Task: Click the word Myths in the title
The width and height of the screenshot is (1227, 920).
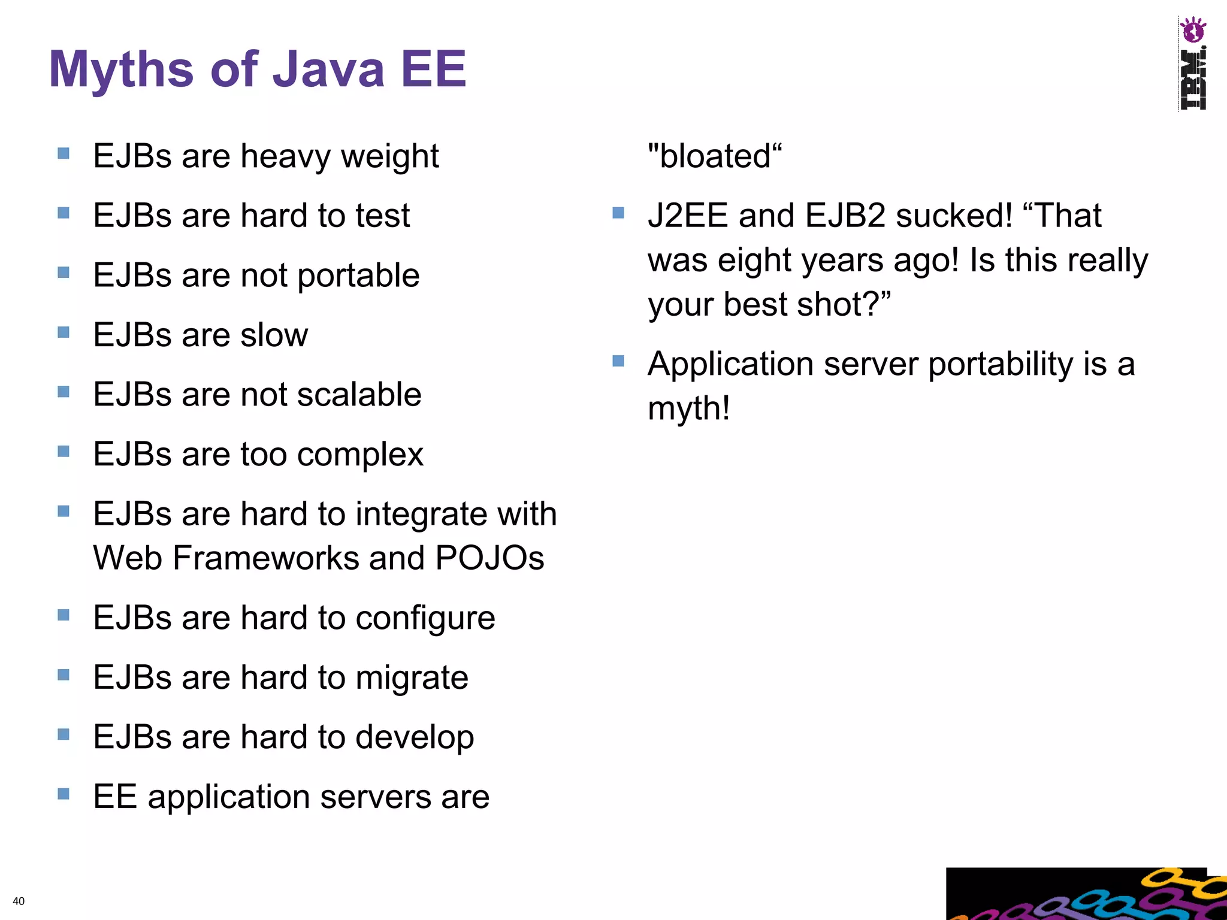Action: point(121,70)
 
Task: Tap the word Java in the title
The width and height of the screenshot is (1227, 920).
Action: point(328,69)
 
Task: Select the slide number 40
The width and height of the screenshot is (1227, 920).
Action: point(19,901)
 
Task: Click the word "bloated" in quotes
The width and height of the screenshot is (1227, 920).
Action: point(715,156)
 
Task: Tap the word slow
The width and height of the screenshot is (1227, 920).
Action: point(274,335)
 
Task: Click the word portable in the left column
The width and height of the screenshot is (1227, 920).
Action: point(358,276)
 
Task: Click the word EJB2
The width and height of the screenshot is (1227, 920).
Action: point(845,216)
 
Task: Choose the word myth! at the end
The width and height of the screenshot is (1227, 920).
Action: point(689,409)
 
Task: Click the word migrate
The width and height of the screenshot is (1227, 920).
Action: point(412,678)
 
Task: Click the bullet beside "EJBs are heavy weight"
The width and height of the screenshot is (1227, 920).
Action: point(64,154)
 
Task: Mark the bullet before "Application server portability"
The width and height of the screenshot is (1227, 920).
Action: point(618,361)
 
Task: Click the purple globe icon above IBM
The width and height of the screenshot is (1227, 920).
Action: point(1192,30)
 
